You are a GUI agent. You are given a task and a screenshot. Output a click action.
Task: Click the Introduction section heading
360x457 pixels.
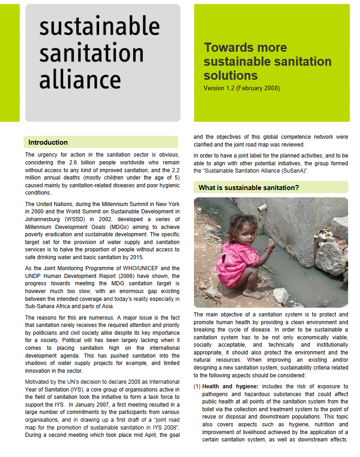[x=48, y=142]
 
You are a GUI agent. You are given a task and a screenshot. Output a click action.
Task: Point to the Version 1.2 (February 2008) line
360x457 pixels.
[x=242, y=87]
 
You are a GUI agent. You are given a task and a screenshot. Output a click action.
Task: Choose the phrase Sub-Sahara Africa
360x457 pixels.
[x=48, y=306]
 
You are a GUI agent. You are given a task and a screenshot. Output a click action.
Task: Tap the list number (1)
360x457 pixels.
[x=197, y=386]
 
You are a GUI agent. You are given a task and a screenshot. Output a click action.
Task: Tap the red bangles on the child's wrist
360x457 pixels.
[x=269, y=250]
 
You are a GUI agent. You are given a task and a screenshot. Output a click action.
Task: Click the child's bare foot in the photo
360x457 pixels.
[x=253, y=294]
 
